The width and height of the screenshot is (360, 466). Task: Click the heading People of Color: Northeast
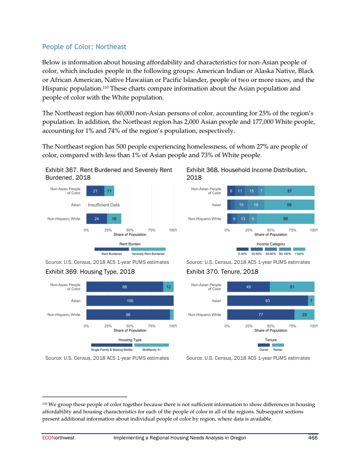click(x=84, y=47)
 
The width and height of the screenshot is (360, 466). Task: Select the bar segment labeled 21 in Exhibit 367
click(x=95, y=191)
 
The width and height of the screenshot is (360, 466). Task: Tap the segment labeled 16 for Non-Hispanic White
click(x=114, y=219)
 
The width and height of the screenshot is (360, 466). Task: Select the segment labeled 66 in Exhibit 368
click(x=286, y=219)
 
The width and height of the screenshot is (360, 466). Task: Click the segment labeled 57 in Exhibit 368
click(x=289, y=191)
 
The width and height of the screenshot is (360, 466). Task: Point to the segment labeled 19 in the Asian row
click(x=256, y=205)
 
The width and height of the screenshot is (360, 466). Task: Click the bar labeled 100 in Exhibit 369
click(x=130, y=301)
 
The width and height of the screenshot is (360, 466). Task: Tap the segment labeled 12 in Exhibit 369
click(x=168, y=287)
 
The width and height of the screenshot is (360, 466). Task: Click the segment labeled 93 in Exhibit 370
click(x=268, y=301)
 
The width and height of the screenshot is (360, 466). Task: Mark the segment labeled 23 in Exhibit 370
click(x=304, y=315)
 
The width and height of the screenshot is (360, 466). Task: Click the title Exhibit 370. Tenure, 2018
click(x=222, y=272)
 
